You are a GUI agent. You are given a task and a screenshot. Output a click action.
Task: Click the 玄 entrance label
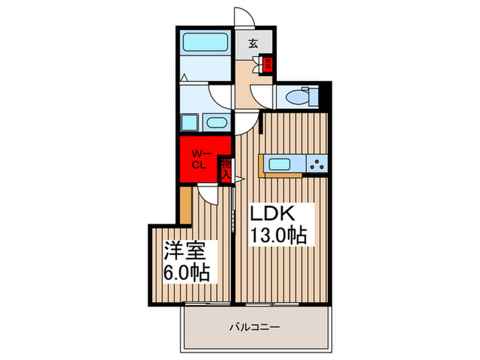254,43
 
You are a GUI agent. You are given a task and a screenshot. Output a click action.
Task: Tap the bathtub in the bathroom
205,40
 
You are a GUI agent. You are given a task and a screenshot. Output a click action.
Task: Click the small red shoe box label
269,65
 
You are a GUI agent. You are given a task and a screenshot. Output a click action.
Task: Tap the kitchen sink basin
281,164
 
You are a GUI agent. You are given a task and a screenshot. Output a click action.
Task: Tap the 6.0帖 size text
187,272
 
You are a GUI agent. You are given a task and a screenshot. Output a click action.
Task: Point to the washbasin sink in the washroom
216,124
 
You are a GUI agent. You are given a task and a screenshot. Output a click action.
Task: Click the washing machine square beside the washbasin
190,123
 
